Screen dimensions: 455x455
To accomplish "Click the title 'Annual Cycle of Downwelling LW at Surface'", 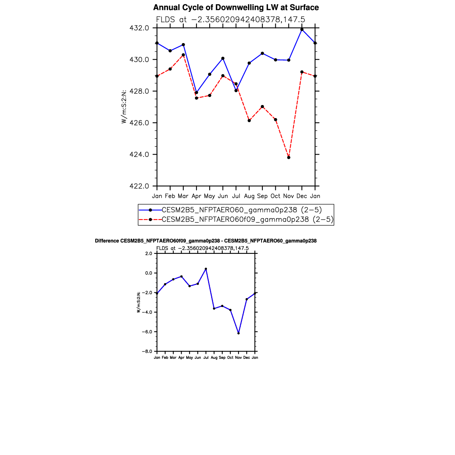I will [x=236, y=8].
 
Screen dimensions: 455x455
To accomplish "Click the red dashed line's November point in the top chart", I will [x=288, y=157].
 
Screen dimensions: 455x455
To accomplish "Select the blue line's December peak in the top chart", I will [x=302, y=30].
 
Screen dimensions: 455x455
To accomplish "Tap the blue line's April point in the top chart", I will [x=197, y=93].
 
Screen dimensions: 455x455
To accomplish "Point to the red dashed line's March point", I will [x=183, y=55].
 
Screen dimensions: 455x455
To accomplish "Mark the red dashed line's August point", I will [x=249, y=120].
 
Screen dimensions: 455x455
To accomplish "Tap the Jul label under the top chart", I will [x=236, y=196].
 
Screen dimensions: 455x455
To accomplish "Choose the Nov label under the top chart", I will [x=288, y=196].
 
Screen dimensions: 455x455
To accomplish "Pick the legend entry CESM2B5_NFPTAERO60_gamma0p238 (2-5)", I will [x=242, y=210].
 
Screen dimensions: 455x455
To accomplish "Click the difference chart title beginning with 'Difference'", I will [x=206, y=241].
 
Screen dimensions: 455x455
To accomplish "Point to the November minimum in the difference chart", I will [x=238, y=333].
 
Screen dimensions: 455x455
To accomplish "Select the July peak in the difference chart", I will [x=206, y=269].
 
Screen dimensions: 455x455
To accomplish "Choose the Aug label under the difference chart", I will [x=214, y=358].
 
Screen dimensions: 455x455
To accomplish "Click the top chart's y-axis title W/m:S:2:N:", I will [x=124, y=107].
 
